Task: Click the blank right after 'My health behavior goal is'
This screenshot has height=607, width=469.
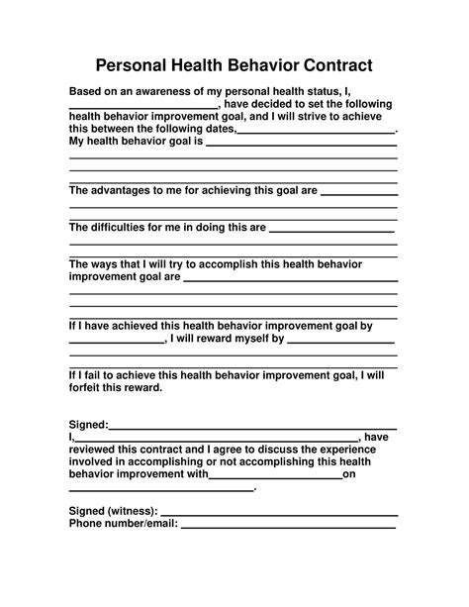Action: click(x=301, y=144)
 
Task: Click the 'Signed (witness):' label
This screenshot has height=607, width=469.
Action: click(x=113, y=511)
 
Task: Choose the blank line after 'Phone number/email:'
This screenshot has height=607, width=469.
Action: click(x=289, y=527)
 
